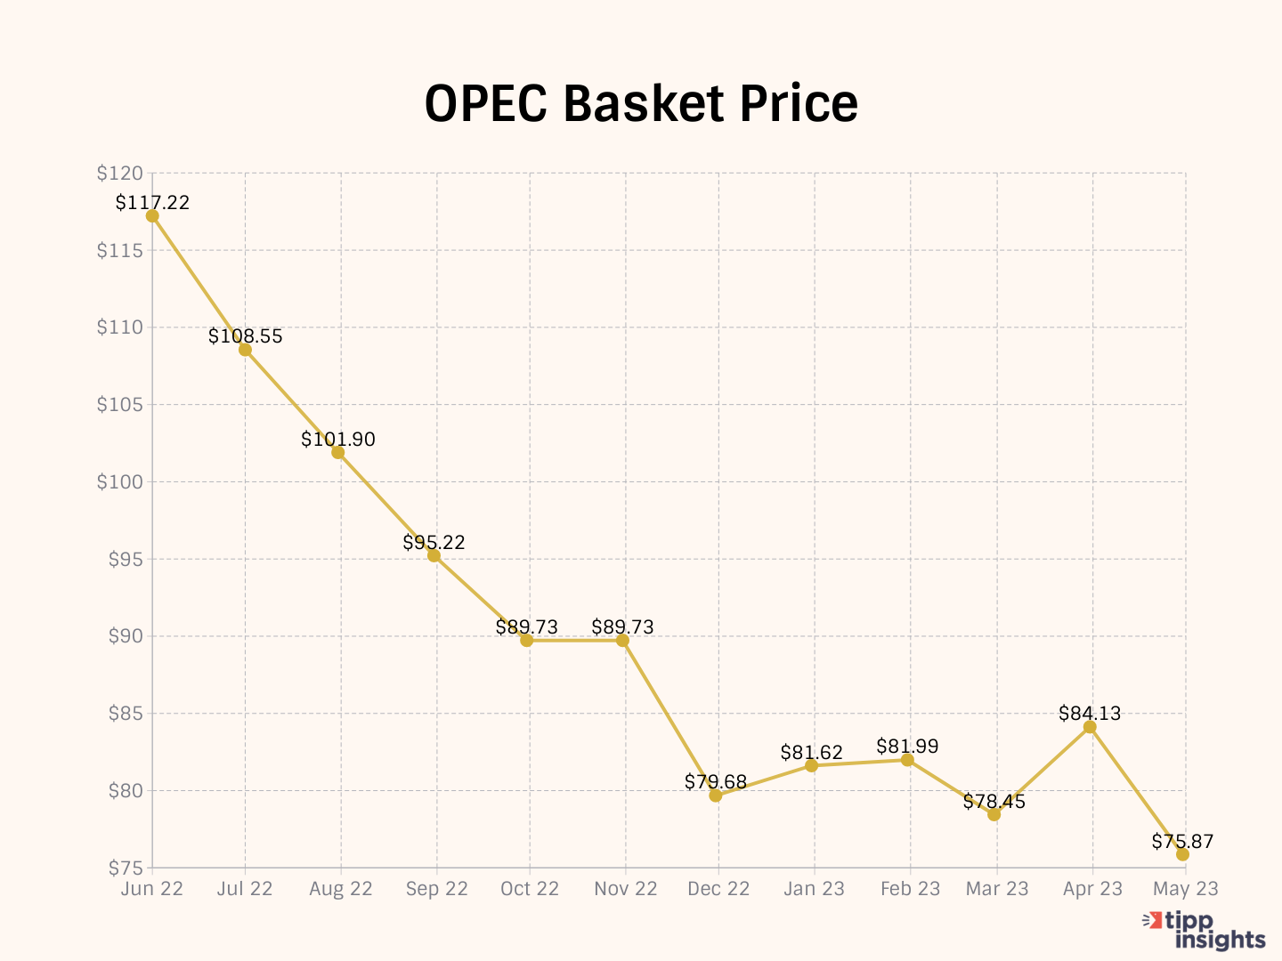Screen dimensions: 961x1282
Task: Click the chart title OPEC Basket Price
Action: pyautogui.click(x=641, y=103)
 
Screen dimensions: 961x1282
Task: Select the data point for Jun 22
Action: pyautogui.click(x=152, y=215)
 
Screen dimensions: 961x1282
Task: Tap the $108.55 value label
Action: pyautogui.click(x=246, y=335)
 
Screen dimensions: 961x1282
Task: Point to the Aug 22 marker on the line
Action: pyautogui.click(x=338, y=452)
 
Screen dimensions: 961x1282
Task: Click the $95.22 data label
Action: pyautogui.click(x=434, y=542)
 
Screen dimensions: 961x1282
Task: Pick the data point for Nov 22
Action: pyautogui.click(x=623, y=641)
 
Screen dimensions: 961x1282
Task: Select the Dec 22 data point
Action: pyautogui.click(x=716, y=795)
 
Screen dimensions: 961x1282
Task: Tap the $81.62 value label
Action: pyautogui.click(x=811, y=752)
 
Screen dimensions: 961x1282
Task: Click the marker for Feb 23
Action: pyautogui.click(x=907, y=760)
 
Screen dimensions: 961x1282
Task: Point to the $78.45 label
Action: pyautogui.click(x=994, y=802)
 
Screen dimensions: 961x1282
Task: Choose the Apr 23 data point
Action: pyautogui.click(x=1090, y=727)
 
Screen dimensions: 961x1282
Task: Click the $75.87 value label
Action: pyautogui.click(x=1182, y=841)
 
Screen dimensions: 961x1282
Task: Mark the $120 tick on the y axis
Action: pyautogui.click(x=120, y=174)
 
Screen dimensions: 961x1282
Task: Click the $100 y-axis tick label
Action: pyautogui.click(x=120, y=482)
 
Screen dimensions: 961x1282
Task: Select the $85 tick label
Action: pyautogui.click(x=124, y=714)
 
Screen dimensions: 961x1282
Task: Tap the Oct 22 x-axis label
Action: pyautogui.click(x=530, y=889)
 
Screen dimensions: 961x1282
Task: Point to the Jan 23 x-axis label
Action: pyautogui.click(x=814, y=889)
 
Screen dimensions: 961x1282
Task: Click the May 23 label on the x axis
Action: pyautogui.click(x=1186, y=889)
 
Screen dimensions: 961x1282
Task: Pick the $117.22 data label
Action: pyautogui.click(x=152, y=202)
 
